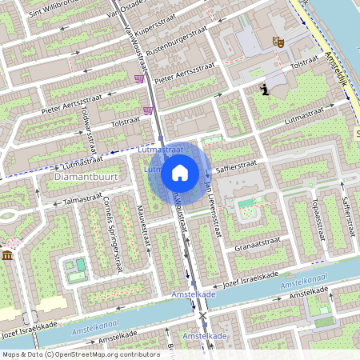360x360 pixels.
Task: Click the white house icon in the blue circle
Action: [180, 171]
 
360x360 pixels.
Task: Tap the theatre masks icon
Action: [278, 41]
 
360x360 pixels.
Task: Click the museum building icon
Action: [8, 255]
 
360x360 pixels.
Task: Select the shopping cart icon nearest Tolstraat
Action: [148, 110]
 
